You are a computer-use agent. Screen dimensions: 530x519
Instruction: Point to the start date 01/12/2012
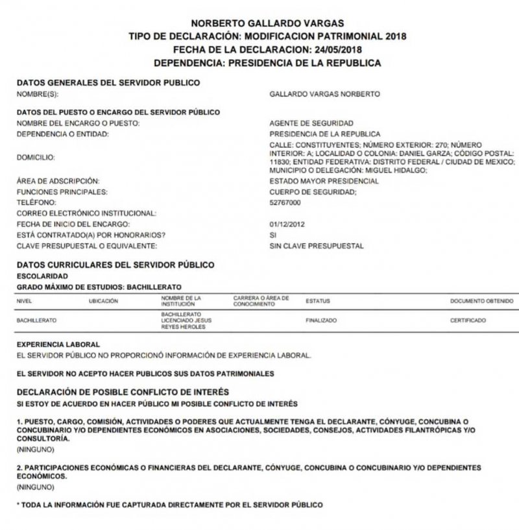287,224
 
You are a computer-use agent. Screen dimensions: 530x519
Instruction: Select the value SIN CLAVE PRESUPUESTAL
316,246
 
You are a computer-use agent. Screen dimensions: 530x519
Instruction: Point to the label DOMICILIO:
36,156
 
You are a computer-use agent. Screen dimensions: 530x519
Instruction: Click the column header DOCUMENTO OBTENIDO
481,301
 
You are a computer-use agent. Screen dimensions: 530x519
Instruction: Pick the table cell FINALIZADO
320,320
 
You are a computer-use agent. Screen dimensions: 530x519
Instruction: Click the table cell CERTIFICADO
468,320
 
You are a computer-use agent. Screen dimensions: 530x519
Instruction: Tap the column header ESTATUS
318,301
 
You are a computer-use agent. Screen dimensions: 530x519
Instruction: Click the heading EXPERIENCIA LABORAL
58,344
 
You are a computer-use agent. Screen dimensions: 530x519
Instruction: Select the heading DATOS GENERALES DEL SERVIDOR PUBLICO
108,82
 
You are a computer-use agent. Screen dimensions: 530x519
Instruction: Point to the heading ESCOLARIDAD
40,275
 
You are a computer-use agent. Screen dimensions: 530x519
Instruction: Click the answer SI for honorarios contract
272,235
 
